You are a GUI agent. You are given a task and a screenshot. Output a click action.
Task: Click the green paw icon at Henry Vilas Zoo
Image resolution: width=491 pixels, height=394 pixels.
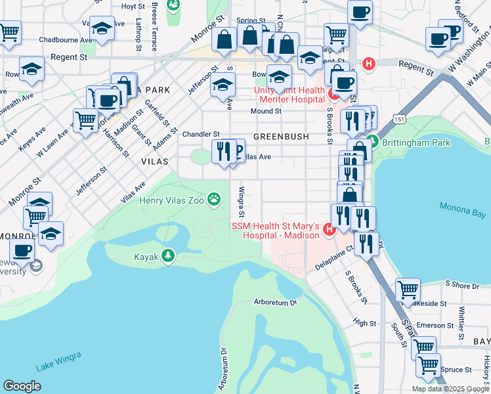(214, 198)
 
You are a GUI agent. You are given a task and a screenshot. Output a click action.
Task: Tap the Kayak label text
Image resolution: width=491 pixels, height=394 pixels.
(146, 257)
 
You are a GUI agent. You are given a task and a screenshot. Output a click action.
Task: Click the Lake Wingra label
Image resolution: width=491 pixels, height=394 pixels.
(59, 361)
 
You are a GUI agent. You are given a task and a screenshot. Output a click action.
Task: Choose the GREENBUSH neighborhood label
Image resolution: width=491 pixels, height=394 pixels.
(280, 137)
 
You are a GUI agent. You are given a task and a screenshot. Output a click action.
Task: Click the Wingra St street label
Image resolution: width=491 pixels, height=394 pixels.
(242, 202)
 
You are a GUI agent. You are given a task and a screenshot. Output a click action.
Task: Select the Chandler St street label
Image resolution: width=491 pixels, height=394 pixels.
(200, 134)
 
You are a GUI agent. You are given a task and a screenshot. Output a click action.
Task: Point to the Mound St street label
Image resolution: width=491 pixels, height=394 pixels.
(266, 112)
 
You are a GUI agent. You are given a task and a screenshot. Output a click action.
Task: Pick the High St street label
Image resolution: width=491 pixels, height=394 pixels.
(364, 323)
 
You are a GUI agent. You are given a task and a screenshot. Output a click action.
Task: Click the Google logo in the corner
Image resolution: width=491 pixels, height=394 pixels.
(22, 385)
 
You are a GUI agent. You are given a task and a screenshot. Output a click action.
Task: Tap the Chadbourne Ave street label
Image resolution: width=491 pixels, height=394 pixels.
(66, 39)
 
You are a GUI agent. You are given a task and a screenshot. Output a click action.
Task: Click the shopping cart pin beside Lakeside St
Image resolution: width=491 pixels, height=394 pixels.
(408, 289)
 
